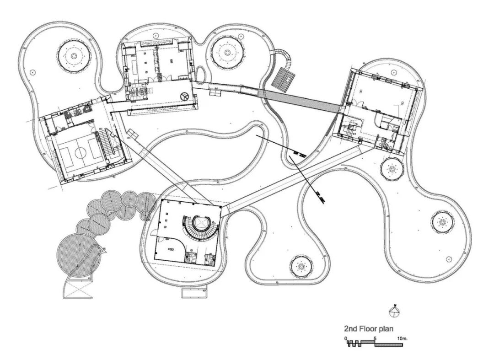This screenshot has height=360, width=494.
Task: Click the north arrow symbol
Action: [x=393, y=312]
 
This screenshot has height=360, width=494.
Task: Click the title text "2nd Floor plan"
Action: [x=368, y=328]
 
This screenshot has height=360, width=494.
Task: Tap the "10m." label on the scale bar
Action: [x=402, y=339]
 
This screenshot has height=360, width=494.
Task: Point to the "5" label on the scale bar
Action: [x=376, y=339]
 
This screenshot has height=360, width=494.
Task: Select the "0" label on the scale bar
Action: [x=346, y=339]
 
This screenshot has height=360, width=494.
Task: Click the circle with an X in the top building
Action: [x=184, y=96]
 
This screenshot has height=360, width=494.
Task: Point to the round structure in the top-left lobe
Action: [x=74, y=56]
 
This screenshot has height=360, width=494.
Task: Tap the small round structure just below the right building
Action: [x=392, y=169]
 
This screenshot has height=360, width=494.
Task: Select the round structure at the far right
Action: [x=442, y=223]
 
